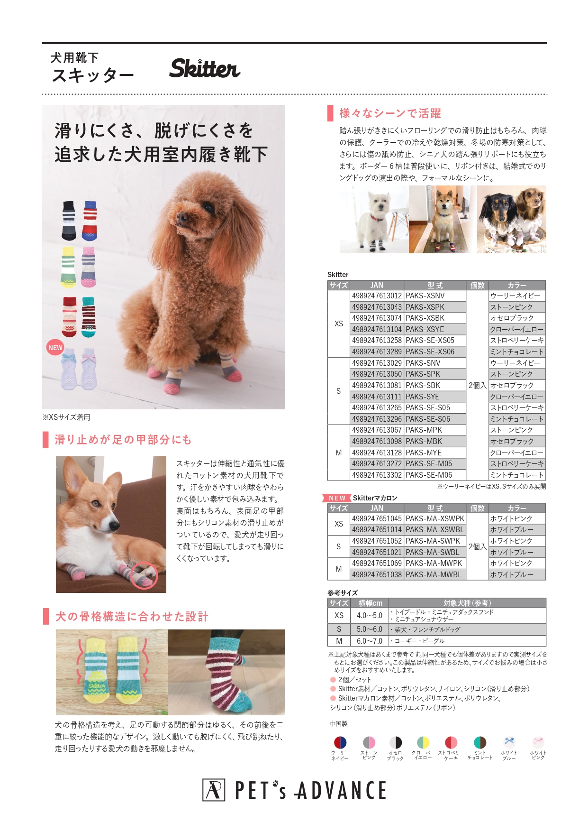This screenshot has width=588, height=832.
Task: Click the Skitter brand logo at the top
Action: pos(205,68)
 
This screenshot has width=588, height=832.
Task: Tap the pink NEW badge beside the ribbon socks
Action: pos(55,347)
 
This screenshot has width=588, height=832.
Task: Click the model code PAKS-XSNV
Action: pos(425,296)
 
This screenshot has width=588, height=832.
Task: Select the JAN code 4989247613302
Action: pos(377,475)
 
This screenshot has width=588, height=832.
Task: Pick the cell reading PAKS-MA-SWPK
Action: pos(433,541)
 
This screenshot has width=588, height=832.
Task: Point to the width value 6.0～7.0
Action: pos(370,641)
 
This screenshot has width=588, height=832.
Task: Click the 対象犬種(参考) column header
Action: pos(467,603)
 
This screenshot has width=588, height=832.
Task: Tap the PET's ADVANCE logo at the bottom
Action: pos(294,790)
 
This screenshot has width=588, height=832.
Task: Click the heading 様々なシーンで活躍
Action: pos(390,113)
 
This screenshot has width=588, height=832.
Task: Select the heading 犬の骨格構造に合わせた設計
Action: pos(132,616)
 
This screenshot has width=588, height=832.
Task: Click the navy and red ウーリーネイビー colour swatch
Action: pos(340,742)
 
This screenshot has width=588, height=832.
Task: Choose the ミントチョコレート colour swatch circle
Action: pos(480,742)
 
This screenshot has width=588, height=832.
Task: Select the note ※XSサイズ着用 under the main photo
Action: pos(66,417)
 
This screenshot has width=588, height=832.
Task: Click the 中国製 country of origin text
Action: pos(339,723)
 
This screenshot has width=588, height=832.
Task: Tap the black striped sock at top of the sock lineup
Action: pos(69,221)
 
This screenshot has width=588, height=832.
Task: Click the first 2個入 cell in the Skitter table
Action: pos(477,385)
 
